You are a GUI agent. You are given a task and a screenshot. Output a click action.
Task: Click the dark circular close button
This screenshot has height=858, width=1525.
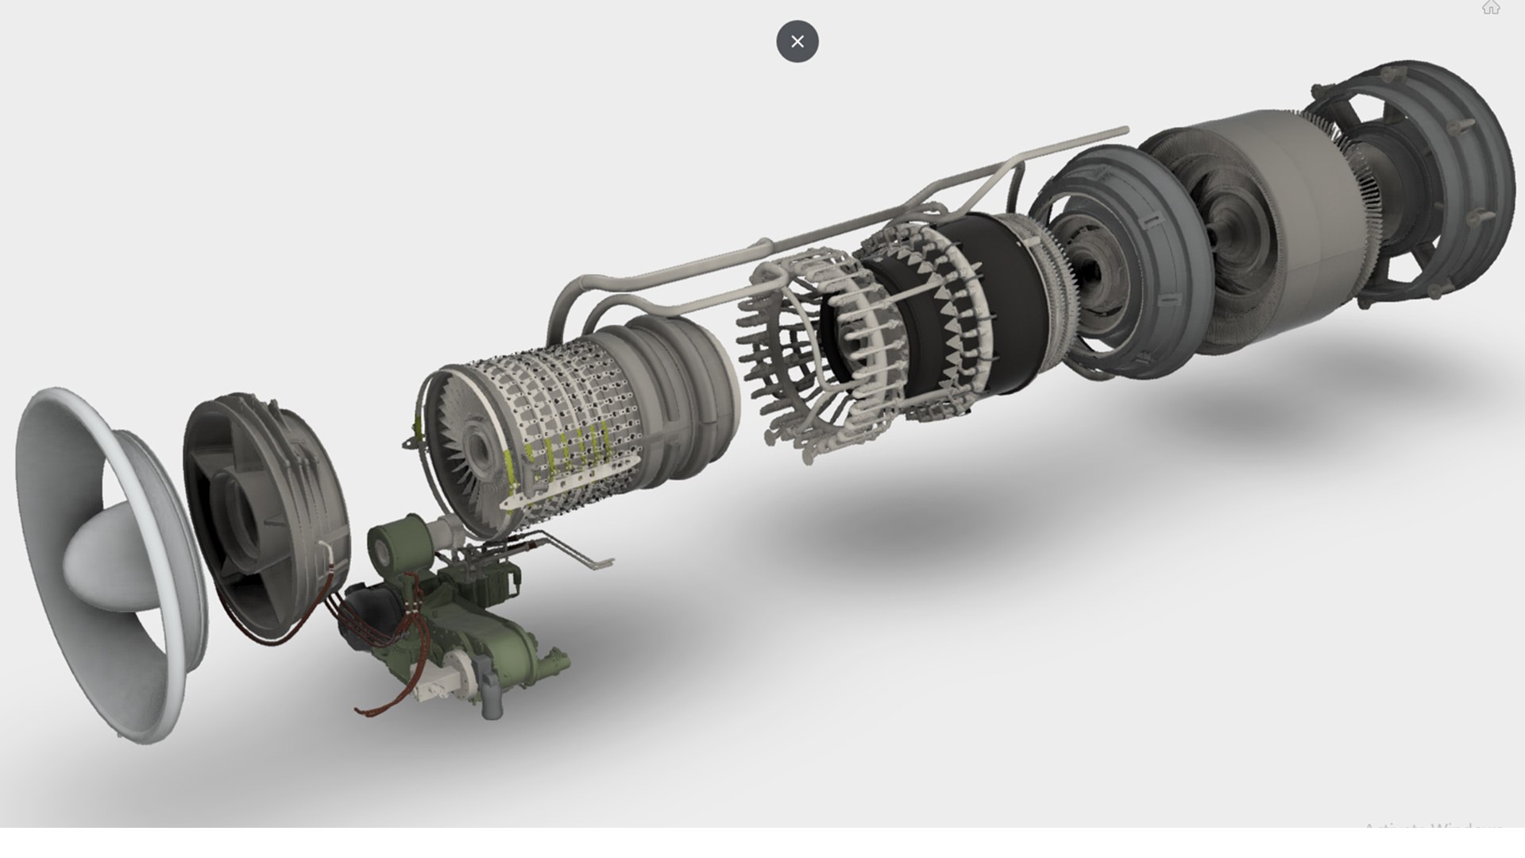797,41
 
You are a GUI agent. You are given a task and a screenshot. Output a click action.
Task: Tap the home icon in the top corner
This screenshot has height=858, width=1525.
1490,8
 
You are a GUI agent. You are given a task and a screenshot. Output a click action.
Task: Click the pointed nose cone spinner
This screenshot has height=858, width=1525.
103,556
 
